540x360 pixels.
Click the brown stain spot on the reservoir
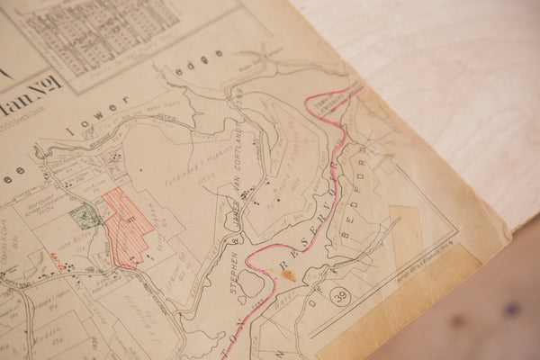[x=288, y=275]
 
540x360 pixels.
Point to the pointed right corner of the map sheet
[x=508, y=236]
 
